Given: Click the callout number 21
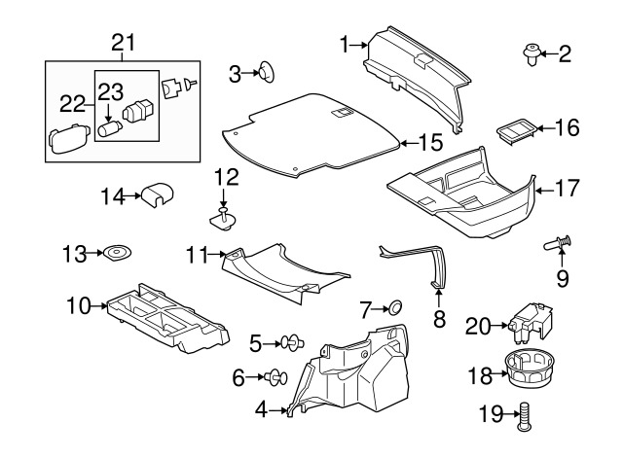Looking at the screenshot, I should (122, 42).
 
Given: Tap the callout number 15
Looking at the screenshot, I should (430, 143).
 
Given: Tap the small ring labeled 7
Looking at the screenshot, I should (395, 309).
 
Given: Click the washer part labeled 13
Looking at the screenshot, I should (118, 255).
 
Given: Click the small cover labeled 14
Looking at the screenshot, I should (156, 194).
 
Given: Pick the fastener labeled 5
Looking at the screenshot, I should (290, 342).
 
